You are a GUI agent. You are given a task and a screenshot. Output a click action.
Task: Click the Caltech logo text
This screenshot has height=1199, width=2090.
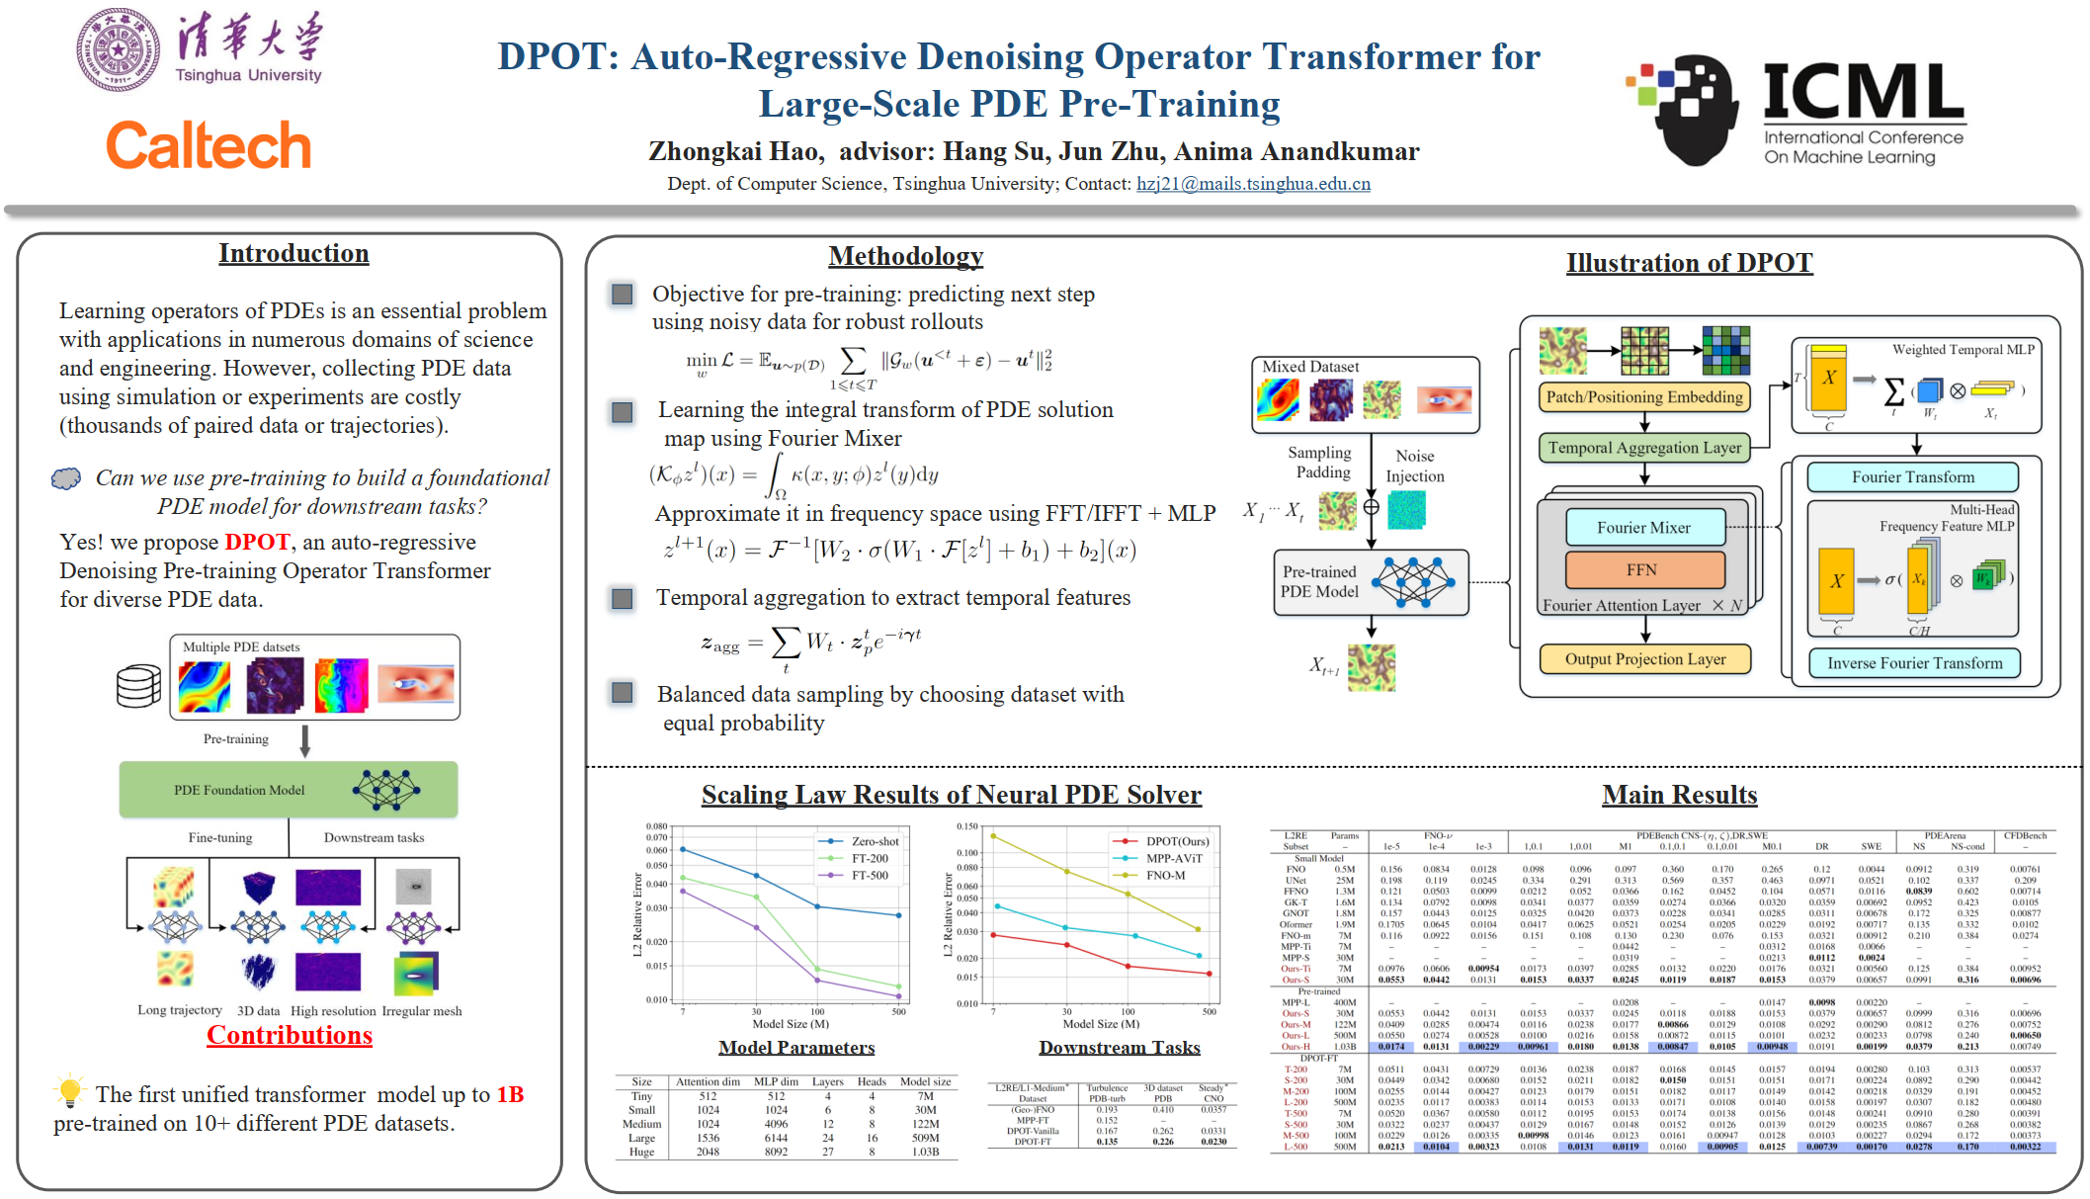[x=209, y=146]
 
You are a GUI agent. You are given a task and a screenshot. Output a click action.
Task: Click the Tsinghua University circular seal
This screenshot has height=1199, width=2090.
[x=119, y=49]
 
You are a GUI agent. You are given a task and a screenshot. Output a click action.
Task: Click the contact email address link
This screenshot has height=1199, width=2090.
[x=1253, y=184]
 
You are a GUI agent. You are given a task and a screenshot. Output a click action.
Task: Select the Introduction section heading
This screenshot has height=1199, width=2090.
[x=293, y=254]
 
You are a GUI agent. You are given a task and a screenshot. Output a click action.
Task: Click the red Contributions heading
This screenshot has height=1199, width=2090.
[x=290, y=1035]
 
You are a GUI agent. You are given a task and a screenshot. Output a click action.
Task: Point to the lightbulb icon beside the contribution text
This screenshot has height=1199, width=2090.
[x=69, y=1091]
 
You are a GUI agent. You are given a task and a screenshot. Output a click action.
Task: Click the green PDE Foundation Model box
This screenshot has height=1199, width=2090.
[x=289, y=790]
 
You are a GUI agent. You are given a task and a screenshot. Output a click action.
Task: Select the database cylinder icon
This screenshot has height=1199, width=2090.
[x=138, y=686]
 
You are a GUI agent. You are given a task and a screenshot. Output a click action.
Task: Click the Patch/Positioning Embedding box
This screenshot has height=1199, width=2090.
[x=1644, y=397]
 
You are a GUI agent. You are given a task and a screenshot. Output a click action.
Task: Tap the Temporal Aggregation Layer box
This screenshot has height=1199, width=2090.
[x=1644, y=448]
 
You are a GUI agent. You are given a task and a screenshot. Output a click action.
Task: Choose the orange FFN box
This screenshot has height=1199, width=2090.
[x=1644, y=570]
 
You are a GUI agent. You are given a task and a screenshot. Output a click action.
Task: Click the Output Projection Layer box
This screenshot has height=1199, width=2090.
[x=1644, y=659]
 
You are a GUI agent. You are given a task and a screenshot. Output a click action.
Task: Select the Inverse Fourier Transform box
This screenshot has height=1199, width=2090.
[x=1914, y=663]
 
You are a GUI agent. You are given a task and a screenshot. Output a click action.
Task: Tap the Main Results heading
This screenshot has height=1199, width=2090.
[x=1679, y=796]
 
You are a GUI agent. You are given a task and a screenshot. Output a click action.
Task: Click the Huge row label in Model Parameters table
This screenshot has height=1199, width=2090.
[x=641, y=1152]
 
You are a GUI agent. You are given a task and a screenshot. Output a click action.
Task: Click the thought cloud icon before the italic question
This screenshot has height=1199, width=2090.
[x=66, y=479]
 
